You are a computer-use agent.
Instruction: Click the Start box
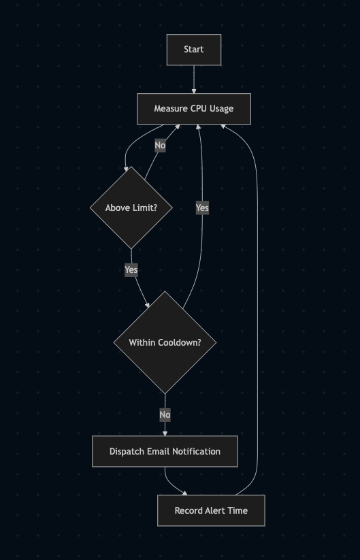pyautogui.click(x=194, y=50)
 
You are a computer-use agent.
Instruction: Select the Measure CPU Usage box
pyautogui.click(x=194, y=109)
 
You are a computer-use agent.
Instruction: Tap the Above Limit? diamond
pyautogui.click(x=131, y=208)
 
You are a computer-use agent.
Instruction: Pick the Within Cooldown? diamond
pyautogui.click(x=165, y=342)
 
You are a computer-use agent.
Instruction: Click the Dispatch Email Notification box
pyautogui.click(x=165, y=451)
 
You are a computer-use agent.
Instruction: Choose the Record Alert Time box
pyautogui.click(x=211, y=511)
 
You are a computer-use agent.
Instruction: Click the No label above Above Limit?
pyautogui.click(x=160, y=146)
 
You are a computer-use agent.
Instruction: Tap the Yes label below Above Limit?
pyautogui.click(x=131, y=269)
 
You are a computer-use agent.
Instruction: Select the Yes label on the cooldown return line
pyautogui.click(x=202, y=208)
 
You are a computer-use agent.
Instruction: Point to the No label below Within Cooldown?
pyautogui.click(x=165, y=414)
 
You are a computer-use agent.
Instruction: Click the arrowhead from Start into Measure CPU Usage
pyautogui.click(x=194, y=91)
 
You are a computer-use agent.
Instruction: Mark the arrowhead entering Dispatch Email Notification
pyautogui.click(x=165, y=433)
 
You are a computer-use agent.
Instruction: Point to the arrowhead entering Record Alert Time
pyautogui.click(x=184, y=493)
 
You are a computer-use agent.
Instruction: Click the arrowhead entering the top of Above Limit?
pyautogui.click(x=126, y=169)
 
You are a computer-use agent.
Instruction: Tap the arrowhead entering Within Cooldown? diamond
pyautogui.click(x=147, y=305)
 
